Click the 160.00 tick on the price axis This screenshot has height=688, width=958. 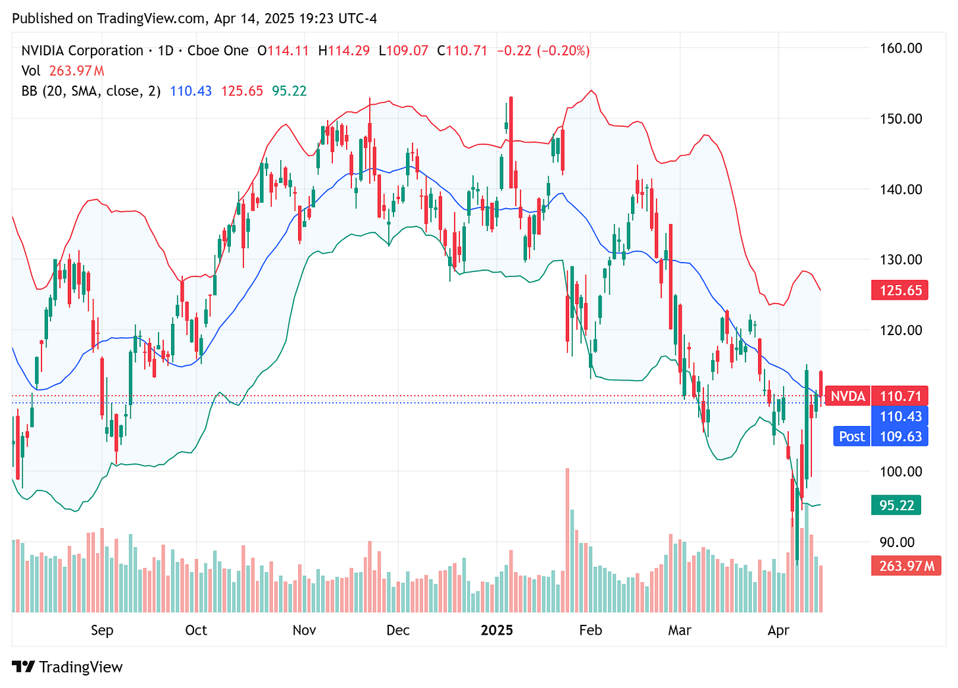[x=901, y=48]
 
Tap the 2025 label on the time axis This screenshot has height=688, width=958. [x=497, y=630]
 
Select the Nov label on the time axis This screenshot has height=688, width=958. [x=304, y=630]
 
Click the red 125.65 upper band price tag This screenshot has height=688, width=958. [x=899, y=290]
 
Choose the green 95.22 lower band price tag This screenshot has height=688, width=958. [x=896, y=505]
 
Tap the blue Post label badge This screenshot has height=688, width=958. [x=851, y=437]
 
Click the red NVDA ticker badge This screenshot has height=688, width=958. [x=847, y=396]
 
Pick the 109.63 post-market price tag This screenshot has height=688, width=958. [x=899, y=437]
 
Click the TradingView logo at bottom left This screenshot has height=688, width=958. [x=68, y=667]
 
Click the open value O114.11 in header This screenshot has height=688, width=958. [x=283, y=51]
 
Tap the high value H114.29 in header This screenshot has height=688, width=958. [x=344, y=51]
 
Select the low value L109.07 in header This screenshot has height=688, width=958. [x=403, y=51]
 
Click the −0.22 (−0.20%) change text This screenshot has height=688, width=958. [x=543, y=51]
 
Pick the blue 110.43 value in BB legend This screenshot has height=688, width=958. [x=191, y=91]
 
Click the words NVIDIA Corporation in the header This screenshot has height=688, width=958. [x=82, y=51]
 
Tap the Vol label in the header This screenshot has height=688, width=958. [x=30, y=70]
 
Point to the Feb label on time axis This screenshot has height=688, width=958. [x=590, y=630]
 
